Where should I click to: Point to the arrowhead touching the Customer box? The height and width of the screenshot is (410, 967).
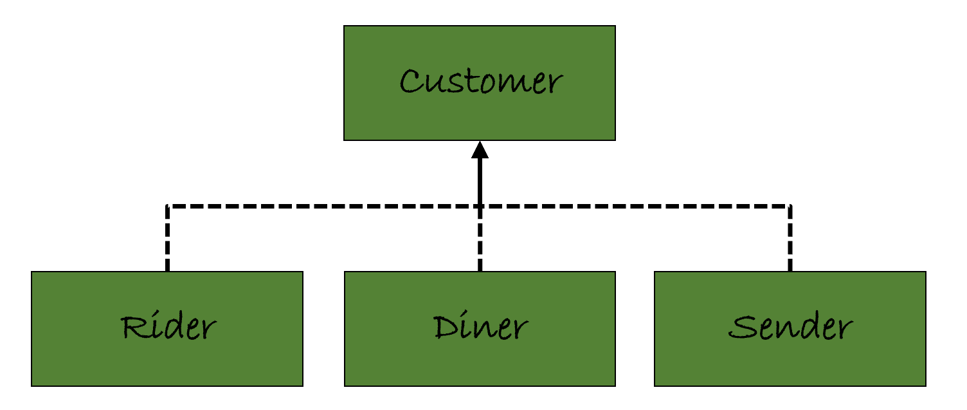tap(480, 150)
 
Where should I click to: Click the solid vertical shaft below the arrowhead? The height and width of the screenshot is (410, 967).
tap(480, 180)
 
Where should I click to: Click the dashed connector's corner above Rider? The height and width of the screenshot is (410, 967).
tap(167, 206)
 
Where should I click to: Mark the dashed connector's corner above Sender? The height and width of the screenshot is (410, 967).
tap(790, 206)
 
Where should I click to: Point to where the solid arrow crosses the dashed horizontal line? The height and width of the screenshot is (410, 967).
tap(480, 206)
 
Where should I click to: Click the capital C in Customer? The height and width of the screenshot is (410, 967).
tap(411, 82)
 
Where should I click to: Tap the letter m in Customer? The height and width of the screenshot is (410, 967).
tap(509, 84)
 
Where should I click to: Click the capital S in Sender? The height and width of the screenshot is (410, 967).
tap(741, 327)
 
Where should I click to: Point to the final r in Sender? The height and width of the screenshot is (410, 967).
tap(843, 330)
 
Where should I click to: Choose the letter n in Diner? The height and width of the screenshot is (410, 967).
tap(484, 330)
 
